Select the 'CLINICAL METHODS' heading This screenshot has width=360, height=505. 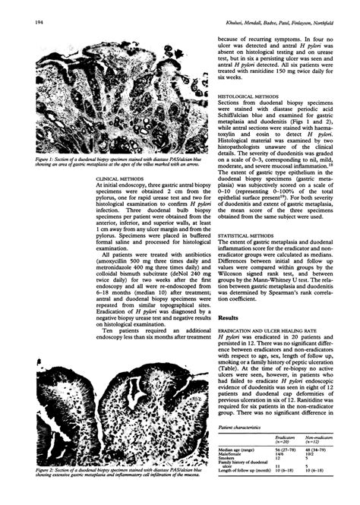122,200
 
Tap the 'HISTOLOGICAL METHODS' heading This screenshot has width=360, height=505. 245,97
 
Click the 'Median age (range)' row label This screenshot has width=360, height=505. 238,450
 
